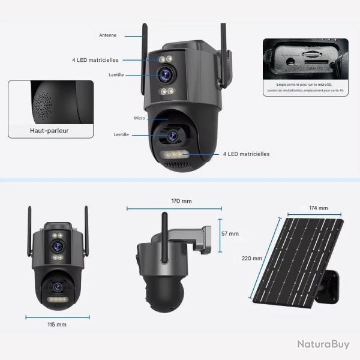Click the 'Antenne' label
click(108, 35)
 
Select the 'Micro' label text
click(140, 119)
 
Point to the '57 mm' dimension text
click(229, 234)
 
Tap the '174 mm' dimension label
click(319, 208)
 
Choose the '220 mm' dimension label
click(253, 258)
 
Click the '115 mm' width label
click(57, 324)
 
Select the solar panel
click(294, 258)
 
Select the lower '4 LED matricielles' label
click(246, 154)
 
